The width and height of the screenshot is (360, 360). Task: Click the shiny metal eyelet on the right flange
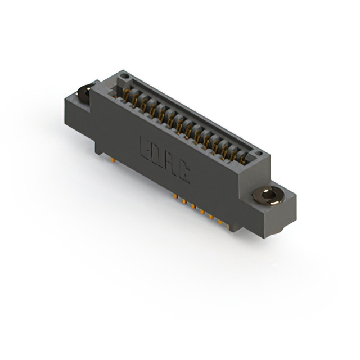point(269,196)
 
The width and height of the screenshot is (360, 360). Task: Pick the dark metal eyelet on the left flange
point(84,94)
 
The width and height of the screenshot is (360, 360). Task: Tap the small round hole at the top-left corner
point(124,76)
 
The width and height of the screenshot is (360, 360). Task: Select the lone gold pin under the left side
point(113,160)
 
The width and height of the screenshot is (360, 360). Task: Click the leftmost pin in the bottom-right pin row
point(175,196)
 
